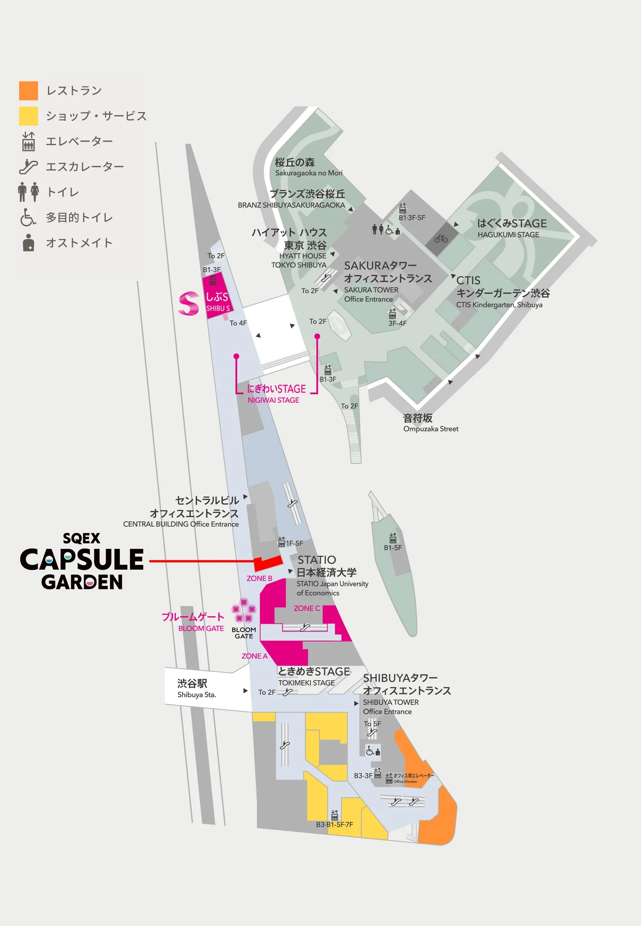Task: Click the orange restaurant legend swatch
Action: (28, 91)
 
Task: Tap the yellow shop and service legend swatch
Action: (28, 116)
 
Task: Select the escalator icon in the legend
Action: (28, 167)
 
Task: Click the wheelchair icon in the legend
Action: (28, 217)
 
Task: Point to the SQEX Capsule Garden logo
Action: (82, 561)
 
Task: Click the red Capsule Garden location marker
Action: (267, 562)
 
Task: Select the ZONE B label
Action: (260, 578)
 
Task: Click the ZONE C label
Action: (307, 608)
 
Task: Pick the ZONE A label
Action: (254, 656)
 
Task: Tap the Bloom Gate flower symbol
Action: (244, 610)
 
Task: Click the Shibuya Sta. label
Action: (196, 688)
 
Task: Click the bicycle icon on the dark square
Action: (441, 239)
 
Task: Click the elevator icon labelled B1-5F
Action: (393, 538)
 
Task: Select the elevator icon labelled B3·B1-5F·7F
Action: (334, 815)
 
